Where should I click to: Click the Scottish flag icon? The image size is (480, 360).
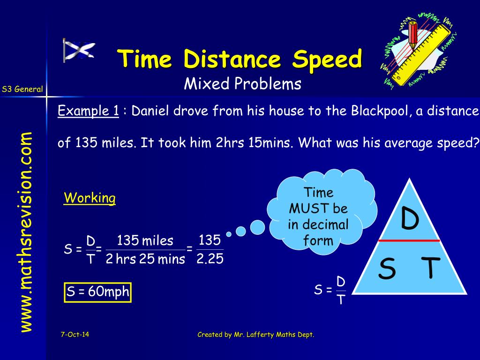pyautogui.click(x=79, y=51)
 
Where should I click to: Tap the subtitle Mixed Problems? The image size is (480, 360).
pyautogui.click(x=242, y=84)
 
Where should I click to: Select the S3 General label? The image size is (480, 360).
pyautogui.click(x=22, y=89)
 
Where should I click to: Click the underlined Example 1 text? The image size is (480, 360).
pyautogui.click(x=88, y=111)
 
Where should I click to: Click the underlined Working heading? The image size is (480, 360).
pyautogui.click(x=90, y=198)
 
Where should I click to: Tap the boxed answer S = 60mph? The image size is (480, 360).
pyautogui.click(x=97, y=292)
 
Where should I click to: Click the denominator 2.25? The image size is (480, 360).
pyautogui.click(x=210, y=259)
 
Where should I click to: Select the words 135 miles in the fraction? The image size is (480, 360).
pyautogui.click(x=145, y=241)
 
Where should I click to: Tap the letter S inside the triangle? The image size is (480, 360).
pyautogui.click(x=387, y=269)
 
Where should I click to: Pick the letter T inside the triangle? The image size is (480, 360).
pyautogui.click(x=430, y=269)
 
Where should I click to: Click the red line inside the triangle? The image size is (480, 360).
pyautogui.click(x=409, y=240)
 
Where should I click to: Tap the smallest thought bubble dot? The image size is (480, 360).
pyautogui.click(x=229, y=234)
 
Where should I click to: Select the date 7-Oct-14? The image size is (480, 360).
pyautogui.click(x=75, y=334)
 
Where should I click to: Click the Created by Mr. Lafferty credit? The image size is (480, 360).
pyautogui.click(x=255, y=334)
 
